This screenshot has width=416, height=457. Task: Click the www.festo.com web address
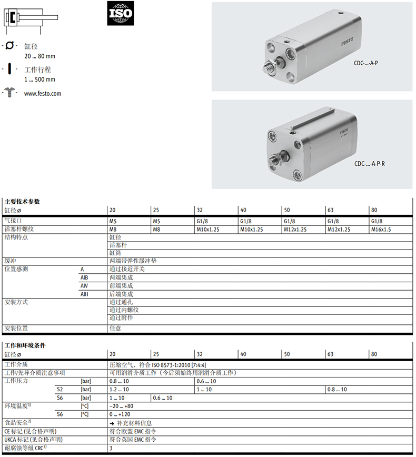coord(43,94)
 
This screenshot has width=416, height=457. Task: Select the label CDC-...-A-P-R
coord(370,164)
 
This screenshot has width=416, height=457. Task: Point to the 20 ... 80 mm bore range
coord(39,56)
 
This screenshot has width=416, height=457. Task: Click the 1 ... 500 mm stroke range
coord(39,80)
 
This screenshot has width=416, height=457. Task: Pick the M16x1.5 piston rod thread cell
coord(381,229)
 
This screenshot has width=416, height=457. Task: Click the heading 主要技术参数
coord(22,201)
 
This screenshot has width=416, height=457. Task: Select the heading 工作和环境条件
coord(25,345)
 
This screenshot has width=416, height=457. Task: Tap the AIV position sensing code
coord(84,285)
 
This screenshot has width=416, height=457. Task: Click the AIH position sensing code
coord(84,294)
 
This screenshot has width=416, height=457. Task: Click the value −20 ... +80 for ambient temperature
coord(121,406)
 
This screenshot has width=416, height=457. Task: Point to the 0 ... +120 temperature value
coord(120,414)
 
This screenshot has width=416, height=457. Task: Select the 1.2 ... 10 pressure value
coord(119,389)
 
